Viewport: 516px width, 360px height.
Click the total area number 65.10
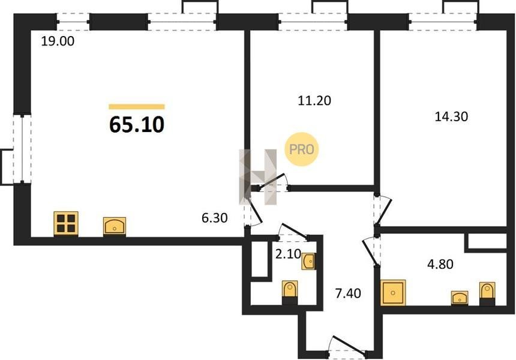[x=137, y=125]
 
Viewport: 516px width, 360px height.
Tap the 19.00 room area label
[x=58, y=41]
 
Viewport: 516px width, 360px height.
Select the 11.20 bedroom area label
[x=314, y=100]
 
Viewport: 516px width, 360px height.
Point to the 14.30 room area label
[x=451, y=116]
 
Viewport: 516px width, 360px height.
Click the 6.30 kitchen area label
[x=215, y=218]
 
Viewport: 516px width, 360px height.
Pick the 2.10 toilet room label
[x=288, y=254]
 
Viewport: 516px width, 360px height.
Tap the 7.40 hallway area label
[x=348, y=293]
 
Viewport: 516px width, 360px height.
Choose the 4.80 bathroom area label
[x=440, y=264]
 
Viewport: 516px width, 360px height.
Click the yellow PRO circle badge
[x=301, y=149]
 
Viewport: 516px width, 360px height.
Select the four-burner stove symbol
[x=66, y=224]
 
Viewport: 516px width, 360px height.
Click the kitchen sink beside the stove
[x=115, y=226]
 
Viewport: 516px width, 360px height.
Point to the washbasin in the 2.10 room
[x=308, y=262]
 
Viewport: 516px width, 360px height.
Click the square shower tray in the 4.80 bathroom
[x=393, y=293]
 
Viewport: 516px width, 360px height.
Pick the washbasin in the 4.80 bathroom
[x=460, y=298]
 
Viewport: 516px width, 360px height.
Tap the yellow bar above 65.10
[x=137, y=107]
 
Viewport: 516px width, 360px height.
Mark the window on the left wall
[x=22, y=149]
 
